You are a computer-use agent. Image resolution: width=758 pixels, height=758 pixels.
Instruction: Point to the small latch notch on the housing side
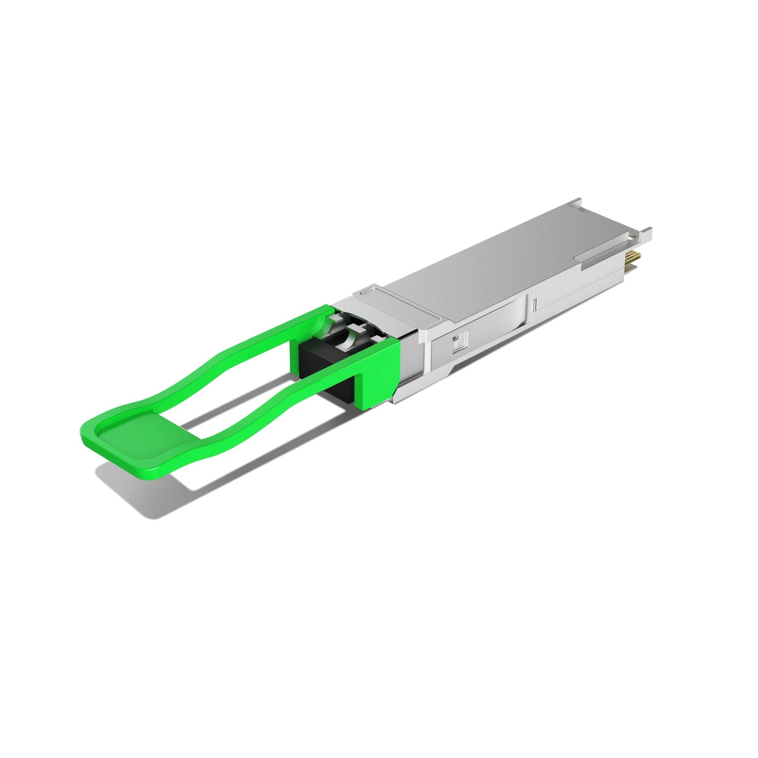(x=457, y=341)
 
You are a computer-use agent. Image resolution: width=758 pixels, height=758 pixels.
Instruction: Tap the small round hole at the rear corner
(x=633, y=237)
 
